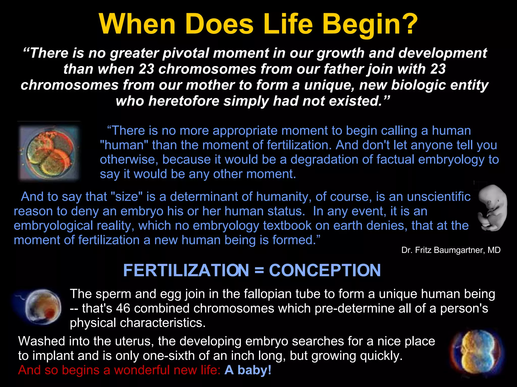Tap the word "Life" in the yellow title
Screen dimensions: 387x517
coord(288,24)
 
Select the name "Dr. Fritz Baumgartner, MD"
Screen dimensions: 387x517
coord(451,250)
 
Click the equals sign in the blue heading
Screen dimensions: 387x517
coord(259,270)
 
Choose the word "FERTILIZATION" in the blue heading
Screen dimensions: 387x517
coord(186,270)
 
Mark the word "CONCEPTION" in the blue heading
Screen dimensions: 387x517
coord(325,270)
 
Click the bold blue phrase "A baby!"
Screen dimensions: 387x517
coord(248,370)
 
